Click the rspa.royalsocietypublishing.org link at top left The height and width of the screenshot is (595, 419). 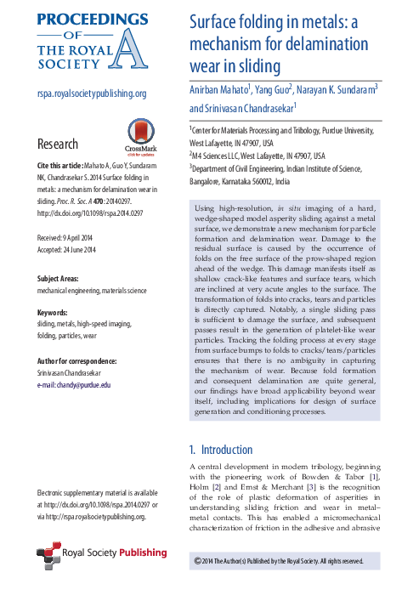[92, 94]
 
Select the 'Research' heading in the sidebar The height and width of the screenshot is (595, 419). [58, 144]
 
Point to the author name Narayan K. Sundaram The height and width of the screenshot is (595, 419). [335, 88]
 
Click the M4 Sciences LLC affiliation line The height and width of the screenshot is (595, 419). [257, 157]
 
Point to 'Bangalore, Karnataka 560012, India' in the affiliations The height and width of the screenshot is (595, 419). [251, 181]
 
